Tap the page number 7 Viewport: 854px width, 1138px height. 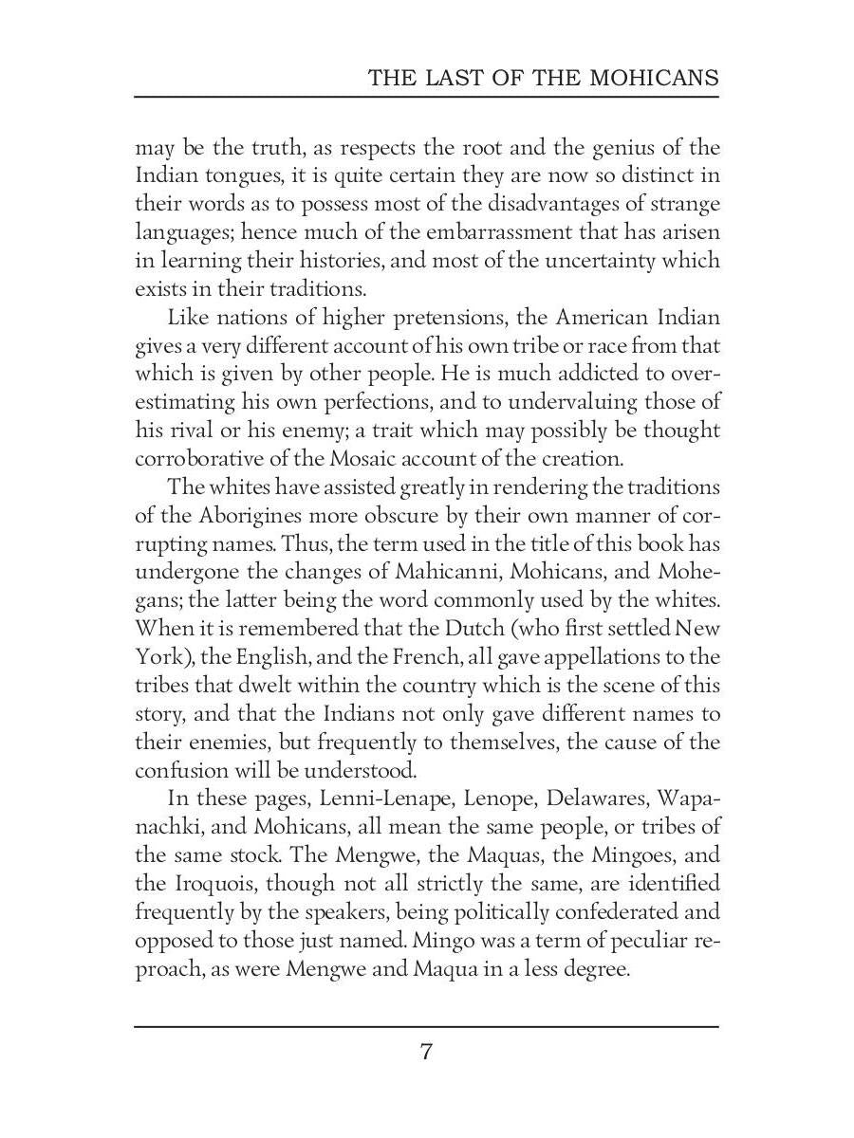[427, 1051]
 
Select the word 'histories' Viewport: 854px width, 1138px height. [336, 260]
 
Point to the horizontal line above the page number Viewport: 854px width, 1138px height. [427, 1026]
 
